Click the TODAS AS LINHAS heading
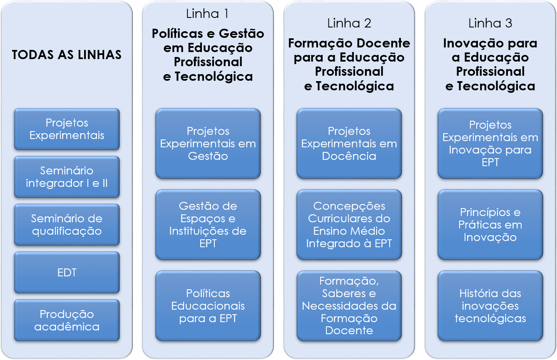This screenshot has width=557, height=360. (67, 55)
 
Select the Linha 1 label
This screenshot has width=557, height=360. (207, 14)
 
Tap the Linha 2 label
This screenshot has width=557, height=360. (349, 23)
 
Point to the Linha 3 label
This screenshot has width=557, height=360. (490, 23)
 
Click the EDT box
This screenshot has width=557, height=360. (67, 273)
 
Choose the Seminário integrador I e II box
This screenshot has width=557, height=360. (67, 177)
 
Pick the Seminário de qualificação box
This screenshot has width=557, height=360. (67, 225)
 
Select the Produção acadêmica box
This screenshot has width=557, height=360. (67, 320)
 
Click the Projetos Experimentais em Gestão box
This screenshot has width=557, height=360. (208, 144)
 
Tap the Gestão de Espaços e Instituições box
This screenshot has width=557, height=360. (208, 225)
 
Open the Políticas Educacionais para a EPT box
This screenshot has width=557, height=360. (208, 306)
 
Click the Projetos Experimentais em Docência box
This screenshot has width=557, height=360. (349, 144)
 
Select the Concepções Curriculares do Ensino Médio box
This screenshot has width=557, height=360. (349, 225)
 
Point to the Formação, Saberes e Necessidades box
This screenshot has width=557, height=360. (349, 306)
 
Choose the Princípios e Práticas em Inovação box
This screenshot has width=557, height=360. (490, 225)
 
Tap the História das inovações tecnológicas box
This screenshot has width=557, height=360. (490, 306)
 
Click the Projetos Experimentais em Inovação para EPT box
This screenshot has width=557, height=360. (490, 144)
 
